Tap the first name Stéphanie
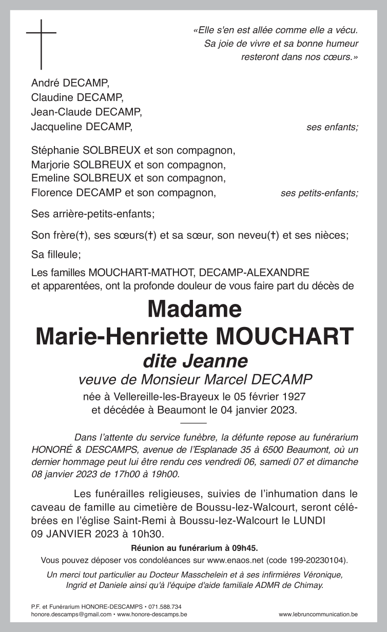[x=53, y=151]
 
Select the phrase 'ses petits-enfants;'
[x=319, y=194]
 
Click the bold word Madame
[x=194, y=309]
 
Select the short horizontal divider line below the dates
[x=193, y=423]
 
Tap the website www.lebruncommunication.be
[x=318, y=614]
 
